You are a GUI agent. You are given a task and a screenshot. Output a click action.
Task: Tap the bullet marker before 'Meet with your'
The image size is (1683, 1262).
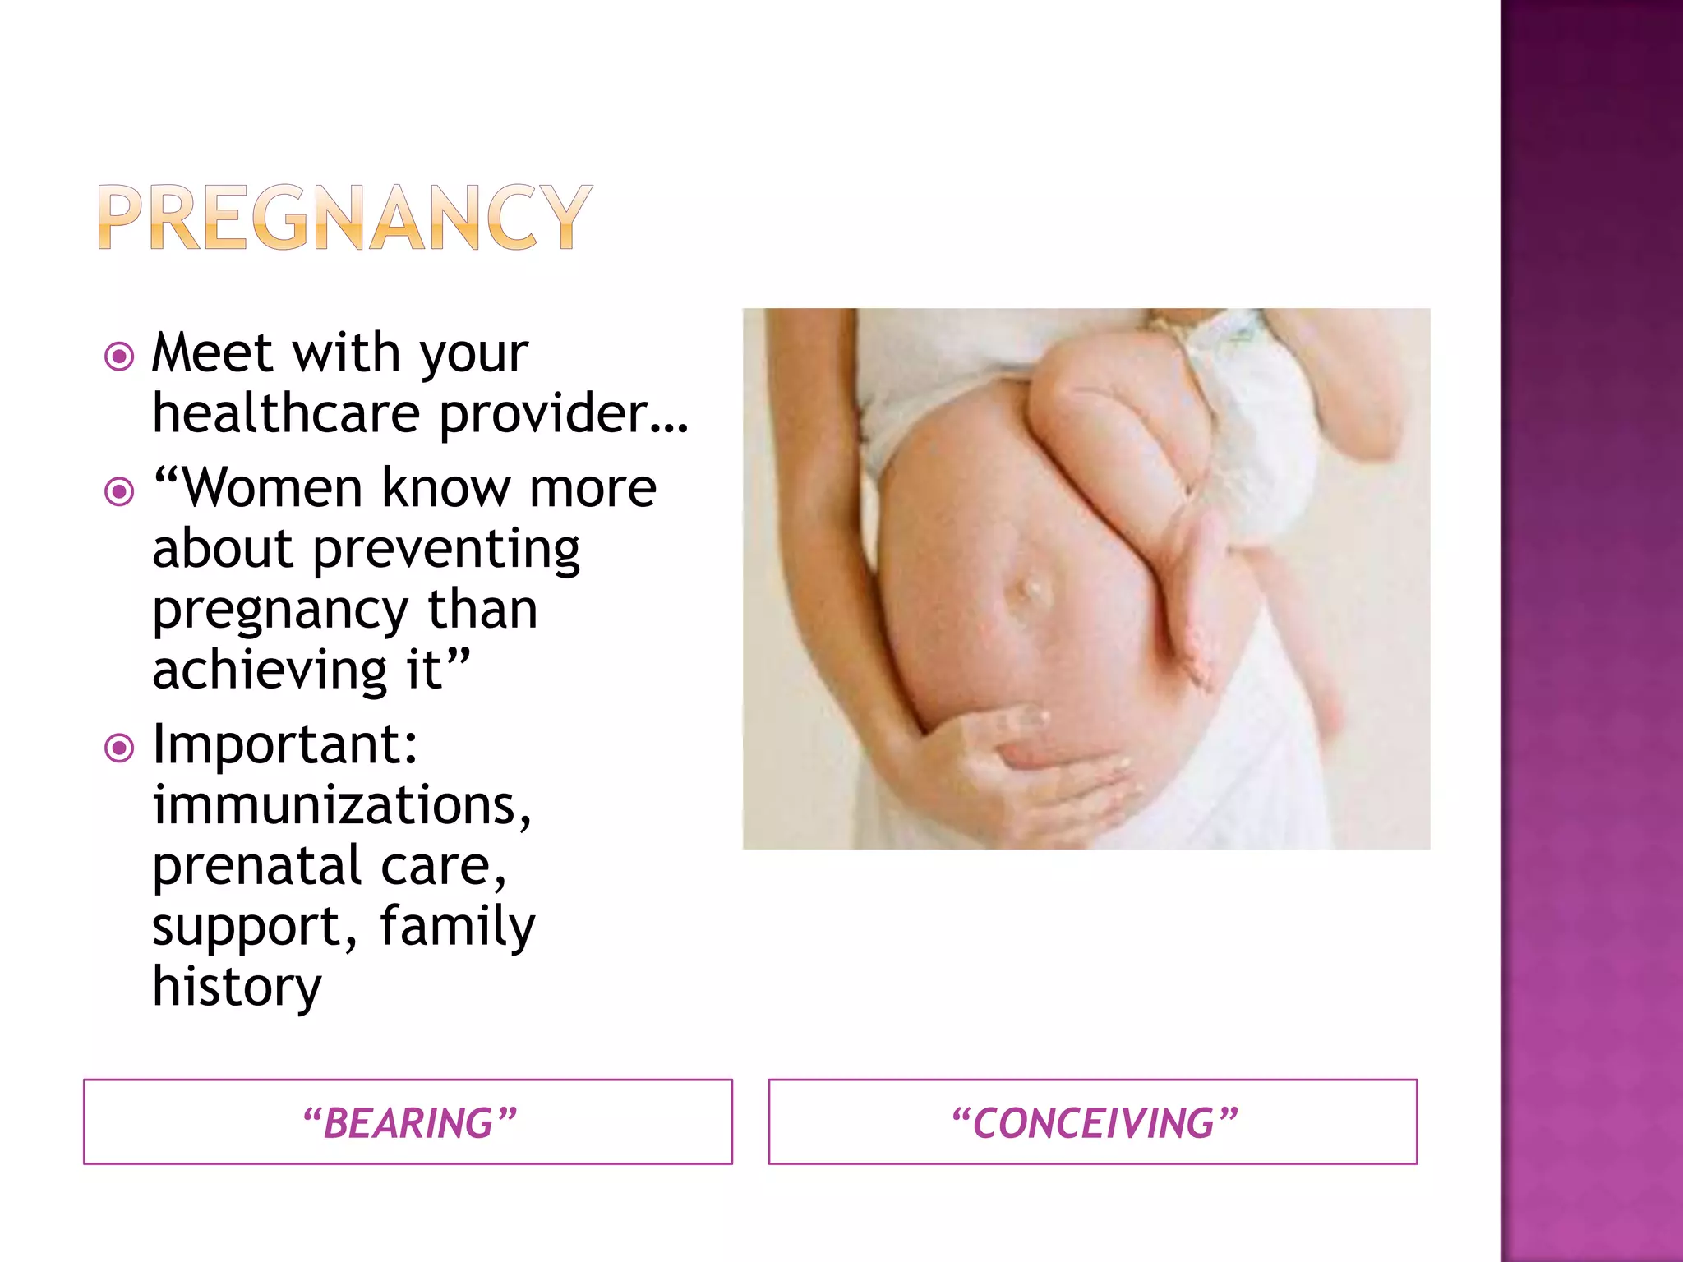click(x=120, y=357)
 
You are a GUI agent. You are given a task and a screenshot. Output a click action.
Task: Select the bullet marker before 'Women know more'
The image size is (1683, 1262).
click(x=120, y=492)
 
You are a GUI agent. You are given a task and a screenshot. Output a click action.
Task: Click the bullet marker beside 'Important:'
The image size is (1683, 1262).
click(x=120, y=748)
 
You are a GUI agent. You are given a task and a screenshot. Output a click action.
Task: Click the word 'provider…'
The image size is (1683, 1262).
click(x=564, y=414)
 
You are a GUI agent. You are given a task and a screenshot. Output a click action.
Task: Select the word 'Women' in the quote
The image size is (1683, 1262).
click(x=271, y=489)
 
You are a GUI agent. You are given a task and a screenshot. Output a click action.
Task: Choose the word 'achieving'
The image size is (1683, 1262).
click(x=270, y=670)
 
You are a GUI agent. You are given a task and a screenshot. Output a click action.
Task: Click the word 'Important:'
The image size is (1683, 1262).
click(x=285, y=744)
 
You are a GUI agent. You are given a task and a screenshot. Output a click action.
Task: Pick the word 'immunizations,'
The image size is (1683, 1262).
click(x=342, y=805)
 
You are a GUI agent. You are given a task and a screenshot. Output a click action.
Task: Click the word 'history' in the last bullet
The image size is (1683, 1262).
click(x=237, y=988)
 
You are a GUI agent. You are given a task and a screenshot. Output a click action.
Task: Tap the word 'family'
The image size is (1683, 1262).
click(x=457, y=927)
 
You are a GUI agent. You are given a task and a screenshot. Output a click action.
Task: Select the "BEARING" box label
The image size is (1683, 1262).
click(x=408, y=1123)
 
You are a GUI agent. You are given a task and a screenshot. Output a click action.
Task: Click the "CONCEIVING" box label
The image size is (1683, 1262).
click(x=1093, y=1123)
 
